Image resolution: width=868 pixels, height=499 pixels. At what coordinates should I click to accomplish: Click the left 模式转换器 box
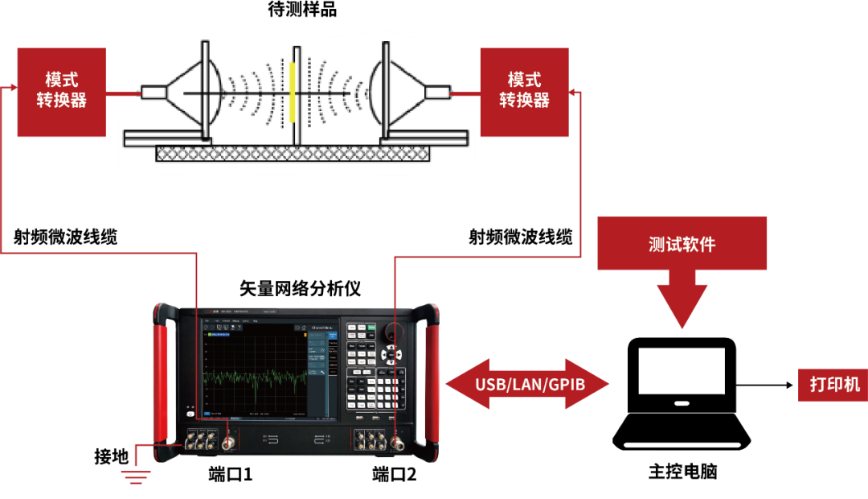point(61,92)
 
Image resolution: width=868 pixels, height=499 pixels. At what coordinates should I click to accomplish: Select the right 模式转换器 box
point(524,92)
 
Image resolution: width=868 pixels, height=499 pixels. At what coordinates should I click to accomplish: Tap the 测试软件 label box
point(682,244)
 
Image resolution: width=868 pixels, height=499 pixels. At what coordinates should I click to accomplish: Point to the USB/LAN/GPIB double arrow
point(528,384)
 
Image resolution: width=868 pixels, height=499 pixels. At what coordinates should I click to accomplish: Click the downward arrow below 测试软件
point(682,302)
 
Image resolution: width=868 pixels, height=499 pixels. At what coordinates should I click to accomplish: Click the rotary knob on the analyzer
point(393,332)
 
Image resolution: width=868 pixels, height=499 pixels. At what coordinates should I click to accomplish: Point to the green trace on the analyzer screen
point(253,377)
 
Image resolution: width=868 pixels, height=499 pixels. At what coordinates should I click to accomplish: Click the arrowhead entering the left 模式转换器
point(10,87)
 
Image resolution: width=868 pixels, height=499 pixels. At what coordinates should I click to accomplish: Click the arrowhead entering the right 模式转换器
point(574,93)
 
